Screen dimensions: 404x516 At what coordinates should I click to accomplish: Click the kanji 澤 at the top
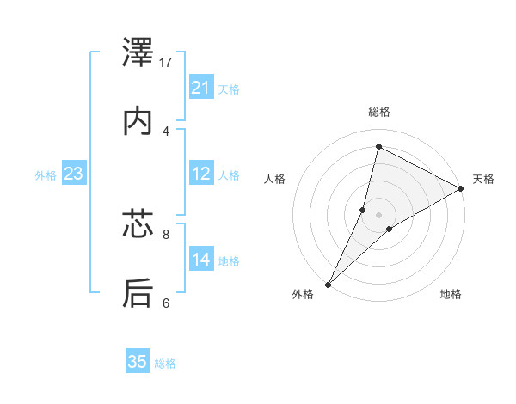click(138, 53)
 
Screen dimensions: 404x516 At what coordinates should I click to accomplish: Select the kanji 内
click(138, 121)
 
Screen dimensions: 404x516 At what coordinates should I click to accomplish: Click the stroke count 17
click(167, 62)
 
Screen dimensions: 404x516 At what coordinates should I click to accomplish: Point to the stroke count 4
click(166, 131)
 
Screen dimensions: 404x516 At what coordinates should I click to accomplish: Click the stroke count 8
click(166, 233)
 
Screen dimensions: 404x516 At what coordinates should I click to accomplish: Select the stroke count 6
click(166, 303)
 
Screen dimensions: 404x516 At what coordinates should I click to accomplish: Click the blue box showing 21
click(201, 88)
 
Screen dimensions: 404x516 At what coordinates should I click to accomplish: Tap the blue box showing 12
click(201, 174)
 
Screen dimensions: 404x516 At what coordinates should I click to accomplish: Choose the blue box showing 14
click(201, 260)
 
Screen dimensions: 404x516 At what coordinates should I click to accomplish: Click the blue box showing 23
click(74, 174)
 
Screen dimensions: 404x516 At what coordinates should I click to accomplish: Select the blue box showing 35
click(138, 362)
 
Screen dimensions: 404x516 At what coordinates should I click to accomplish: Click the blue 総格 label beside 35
click(165, 364)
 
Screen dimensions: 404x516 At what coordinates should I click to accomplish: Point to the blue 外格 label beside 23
click(46, 175)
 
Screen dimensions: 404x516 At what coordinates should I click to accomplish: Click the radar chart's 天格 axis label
click(483, 179)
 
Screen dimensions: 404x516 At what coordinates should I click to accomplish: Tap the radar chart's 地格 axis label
click(451, 294)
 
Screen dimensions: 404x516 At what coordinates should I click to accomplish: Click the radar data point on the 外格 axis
click(329, 284)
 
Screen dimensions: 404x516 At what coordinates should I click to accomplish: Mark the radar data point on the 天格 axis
click(461, 188)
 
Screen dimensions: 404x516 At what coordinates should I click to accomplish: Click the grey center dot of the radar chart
click(379, 214)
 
